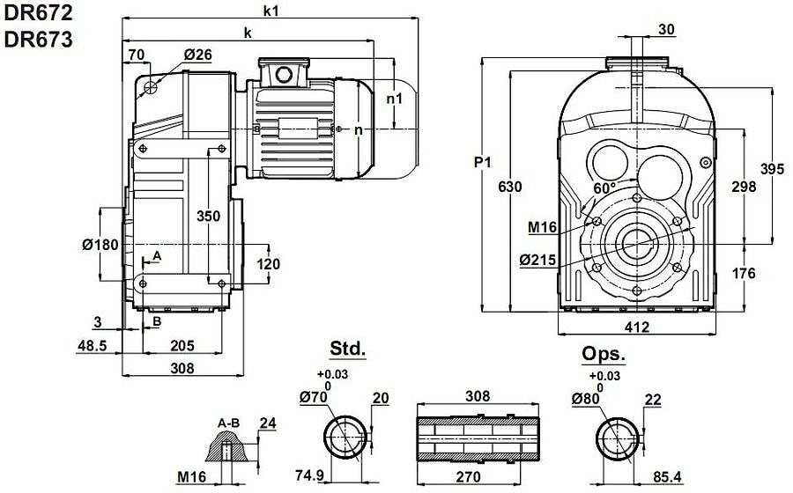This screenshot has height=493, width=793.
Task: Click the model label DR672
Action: tap(37, 13)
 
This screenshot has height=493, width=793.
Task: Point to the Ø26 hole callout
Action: tap(198, 55)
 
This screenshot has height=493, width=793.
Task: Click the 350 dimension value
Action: tap(209, 216)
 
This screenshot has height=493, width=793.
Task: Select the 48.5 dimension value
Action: tap(93, 345)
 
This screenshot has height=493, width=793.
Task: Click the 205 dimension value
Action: tap(182, 345)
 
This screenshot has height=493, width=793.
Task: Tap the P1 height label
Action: tap(481, 163)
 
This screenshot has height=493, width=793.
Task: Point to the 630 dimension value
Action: tap(509, 187)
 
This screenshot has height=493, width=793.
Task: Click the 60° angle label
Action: tap(604, 188)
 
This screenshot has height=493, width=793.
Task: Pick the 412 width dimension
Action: tap(636, 327)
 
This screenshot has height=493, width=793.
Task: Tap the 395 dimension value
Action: tap(772, 169)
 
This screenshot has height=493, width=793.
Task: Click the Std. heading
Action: tap(347, 350)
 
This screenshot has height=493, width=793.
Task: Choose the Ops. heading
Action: tap(604, 354)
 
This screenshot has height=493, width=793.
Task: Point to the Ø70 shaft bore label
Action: tap(315, 398)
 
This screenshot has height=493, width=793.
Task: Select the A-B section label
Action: tap(229, 423)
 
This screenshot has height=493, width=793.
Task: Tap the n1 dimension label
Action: tap(394, 99)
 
